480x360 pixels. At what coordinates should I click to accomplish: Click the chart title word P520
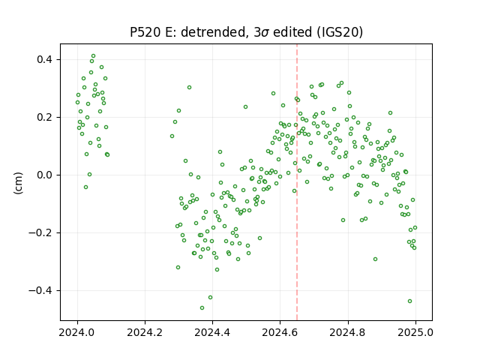click(145, 32)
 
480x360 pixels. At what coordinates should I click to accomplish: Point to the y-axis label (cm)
click(18, 183)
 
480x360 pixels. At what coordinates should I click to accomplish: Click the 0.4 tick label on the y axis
click(44, 59)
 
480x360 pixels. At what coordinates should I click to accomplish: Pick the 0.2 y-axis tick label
click(44, 117)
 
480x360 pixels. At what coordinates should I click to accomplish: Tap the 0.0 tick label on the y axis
click(44, 175)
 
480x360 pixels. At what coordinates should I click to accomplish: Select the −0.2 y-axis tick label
click(40, 233)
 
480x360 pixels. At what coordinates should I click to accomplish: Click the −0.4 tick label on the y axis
click(40, 290)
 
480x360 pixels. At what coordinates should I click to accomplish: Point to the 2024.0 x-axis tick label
click(77, 332)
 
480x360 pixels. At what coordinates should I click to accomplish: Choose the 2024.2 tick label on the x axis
click(145, 332)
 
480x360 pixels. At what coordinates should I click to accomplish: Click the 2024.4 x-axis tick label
click(212, 332)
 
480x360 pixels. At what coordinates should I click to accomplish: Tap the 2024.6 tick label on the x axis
click(280, 332)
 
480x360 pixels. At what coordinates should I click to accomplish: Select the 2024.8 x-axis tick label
click(348, 332)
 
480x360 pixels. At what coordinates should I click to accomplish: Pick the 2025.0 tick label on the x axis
click(415, 332)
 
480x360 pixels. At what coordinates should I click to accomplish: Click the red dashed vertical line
click(297, 182)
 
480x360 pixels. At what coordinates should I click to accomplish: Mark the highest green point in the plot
click(93, 56)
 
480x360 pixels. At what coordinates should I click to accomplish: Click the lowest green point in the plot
click(202, 308)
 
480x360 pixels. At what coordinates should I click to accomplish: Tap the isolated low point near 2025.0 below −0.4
click(410, 301)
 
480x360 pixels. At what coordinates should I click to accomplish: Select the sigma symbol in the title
click(265, 33)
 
